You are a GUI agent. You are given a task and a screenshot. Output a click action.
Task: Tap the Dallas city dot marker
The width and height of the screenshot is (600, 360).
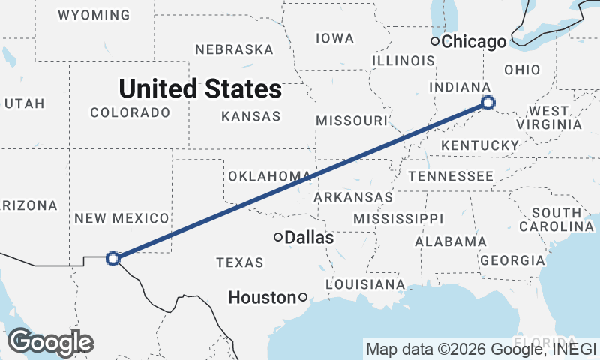tap(278, 237)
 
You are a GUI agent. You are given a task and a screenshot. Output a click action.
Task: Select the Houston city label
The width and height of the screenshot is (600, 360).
tap(262, 298)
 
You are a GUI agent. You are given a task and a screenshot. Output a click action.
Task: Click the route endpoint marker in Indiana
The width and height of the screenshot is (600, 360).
tap(488, 103)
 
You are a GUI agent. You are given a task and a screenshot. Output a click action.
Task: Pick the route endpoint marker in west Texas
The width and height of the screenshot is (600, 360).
tap(113, 259)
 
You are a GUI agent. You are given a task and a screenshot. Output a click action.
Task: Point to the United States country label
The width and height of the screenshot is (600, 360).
tap(200, 89)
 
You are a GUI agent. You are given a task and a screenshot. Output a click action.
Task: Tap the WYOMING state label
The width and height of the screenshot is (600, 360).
tap(93, 15)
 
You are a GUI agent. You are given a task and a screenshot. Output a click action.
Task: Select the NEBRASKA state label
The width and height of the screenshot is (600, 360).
tap(234, 49)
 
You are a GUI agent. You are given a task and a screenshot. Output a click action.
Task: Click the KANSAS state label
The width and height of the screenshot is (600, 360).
tap(251, 116)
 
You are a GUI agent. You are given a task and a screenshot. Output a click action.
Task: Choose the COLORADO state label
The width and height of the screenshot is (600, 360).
tap(130, 112)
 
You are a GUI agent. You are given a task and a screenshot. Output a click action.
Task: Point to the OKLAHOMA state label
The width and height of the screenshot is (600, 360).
tap(269, 176)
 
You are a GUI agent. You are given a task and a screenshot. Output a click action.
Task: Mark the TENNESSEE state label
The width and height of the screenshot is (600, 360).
tap(451, 176)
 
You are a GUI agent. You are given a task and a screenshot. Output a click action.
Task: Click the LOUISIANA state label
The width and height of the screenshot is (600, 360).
tap(365, 284)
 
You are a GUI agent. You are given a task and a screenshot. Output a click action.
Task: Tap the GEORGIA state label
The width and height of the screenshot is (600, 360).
tap(513, 260)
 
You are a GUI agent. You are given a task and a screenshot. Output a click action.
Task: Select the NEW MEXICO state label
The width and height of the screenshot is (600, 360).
tap(121, 218)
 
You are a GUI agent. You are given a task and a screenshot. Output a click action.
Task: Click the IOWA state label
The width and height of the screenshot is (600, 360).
tap(334, 38)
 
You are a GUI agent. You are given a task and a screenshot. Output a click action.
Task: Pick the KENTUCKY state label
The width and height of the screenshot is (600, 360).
tap(480, 145)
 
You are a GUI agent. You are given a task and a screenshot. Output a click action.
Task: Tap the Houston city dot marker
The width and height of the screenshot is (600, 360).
tap(302, 297)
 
